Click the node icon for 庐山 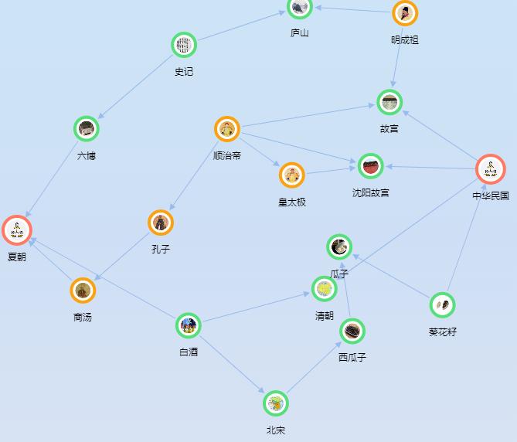(x=300, y=8)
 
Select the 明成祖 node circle (x=405, y=13)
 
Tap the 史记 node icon (x=183, y=46)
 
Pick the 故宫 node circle (x=389, y=102)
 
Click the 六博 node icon (x=87, y=129)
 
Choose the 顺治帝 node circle (x=227, y=130)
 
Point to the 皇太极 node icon (x=292, y=175)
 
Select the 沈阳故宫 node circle (x=371, y=166)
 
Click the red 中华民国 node (x=490, y=169)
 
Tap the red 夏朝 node (x=17, y=229)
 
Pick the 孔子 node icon (x=161, y=223)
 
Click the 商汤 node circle (x=83, y=291)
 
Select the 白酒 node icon (x=189, y=326)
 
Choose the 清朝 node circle (x=325, y=289)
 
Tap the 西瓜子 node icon (x=352, y=331)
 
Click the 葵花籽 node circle (x=442, y=305)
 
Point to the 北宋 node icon (x=276, y=403)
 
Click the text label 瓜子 (x=339, y=274)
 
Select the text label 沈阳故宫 (x=371, y=192)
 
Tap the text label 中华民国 (x=491, y=195)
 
